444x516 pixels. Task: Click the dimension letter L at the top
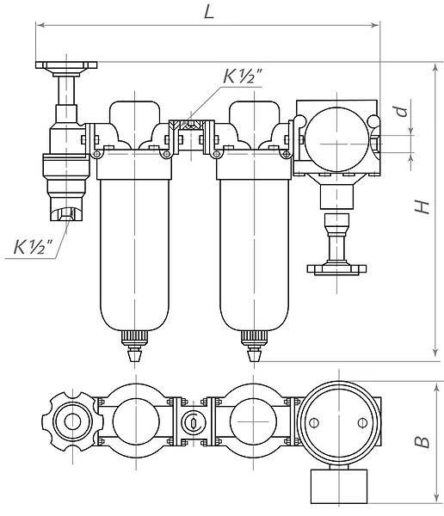point(209,12)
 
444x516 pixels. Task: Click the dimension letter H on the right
point(422,206)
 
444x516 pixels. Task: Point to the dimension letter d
point(402,111)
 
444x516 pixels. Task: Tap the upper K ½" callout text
point(243,77)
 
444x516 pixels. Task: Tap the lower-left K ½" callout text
point(33,247)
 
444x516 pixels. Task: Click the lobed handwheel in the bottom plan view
point(72,421)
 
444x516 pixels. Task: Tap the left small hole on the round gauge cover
point(314,422)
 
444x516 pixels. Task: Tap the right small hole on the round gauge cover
point(362,422)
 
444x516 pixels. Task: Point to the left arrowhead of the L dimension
point(40,25)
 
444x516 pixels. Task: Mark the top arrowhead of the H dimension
point(435,68)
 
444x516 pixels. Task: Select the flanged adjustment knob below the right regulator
point(337,244)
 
